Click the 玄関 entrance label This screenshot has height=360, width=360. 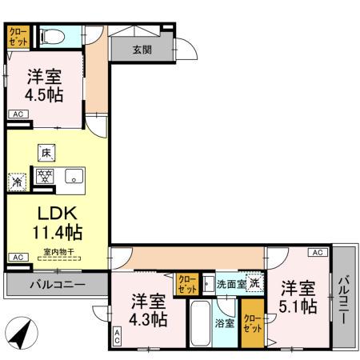pyautogui.click(x=142, y=50)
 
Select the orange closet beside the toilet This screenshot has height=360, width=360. pyautogui.click(x=18, y=36)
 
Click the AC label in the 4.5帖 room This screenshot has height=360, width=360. pyautogui.click(x=16, y=115)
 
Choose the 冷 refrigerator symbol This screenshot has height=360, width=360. pyautogui.click(x=17, y=182)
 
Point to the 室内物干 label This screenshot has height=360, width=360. pyautogui.click(x=58, y=253)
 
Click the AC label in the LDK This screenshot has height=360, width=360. pyautogui.click(x=16, y=258)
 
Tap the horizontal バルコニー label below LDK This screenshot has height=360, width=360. pyautogui.click(x=57, y=284)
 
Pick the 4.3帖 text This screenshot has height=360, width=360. pyautogui.click(x=150, y=320)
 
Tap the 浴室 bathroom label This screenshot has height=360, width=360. pyautogui.click(x=224, y=323)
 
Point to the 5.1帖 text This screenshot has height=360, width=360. pyautogui.click(x=297, y=306)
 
